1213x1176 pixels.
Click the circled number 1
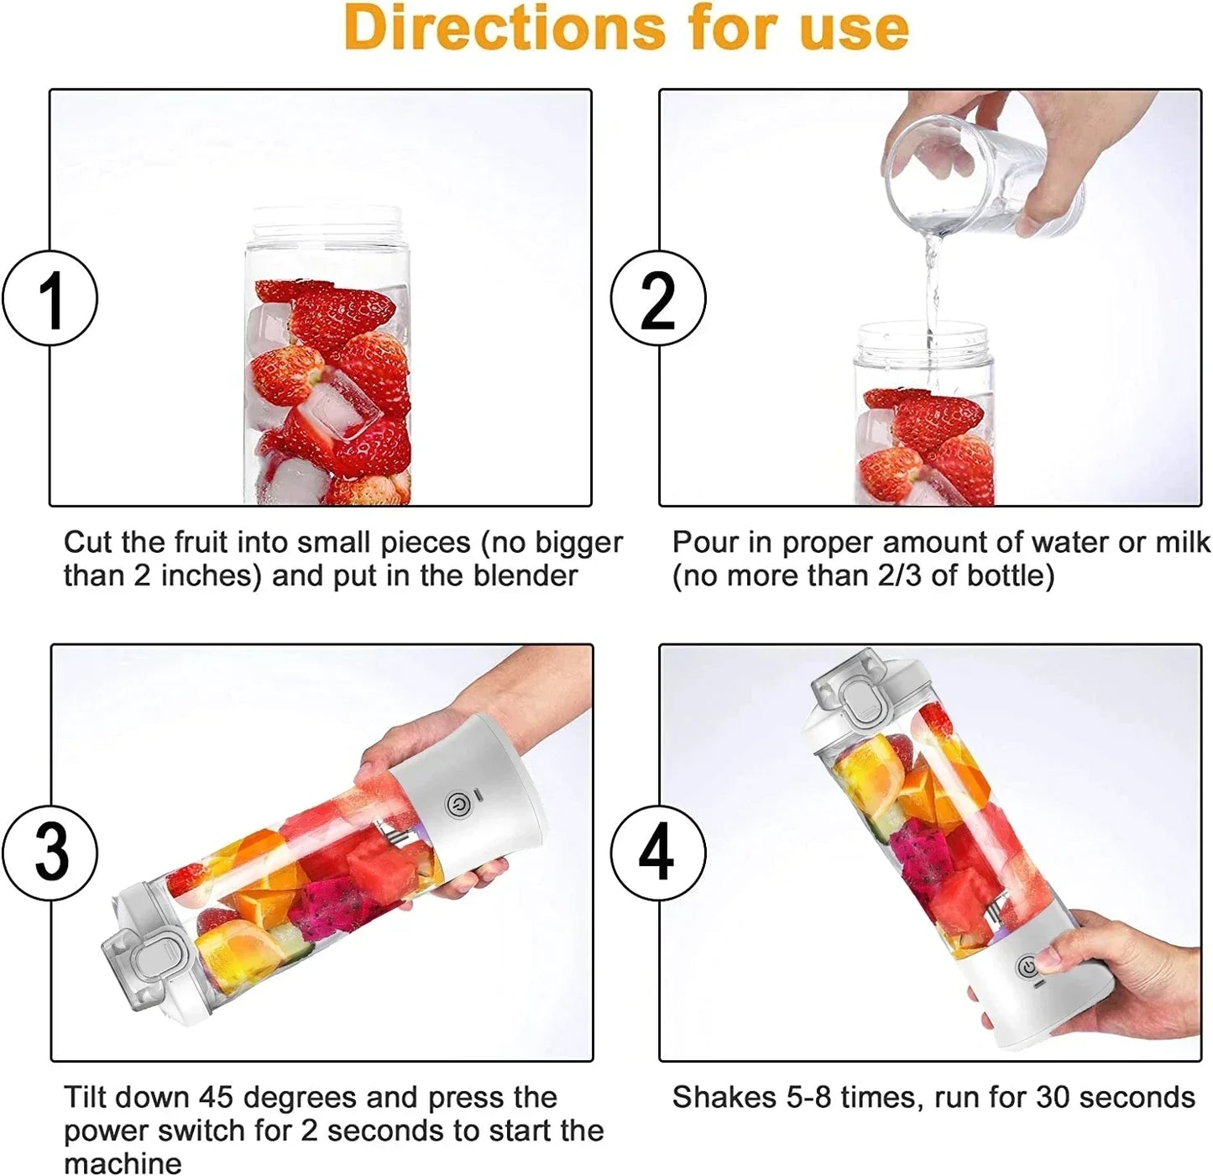tap(50, 298)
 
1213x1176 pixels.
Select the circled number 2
tap(658, 298)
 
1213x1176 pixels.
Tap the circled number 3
tap(50, 852)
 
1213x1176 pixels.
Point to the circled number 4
tap(658, 852)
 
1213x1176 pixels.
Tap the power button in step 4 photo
tap(1028, 967)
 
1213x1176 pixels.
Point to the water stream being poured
tap(932, 286)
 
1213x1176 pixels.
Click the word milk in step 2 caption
tap(1183, 543)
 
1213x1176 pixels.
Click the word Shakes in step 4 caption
tap(724, 1097)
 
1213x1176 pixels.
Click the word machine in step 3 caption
tap(123, 1163)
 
